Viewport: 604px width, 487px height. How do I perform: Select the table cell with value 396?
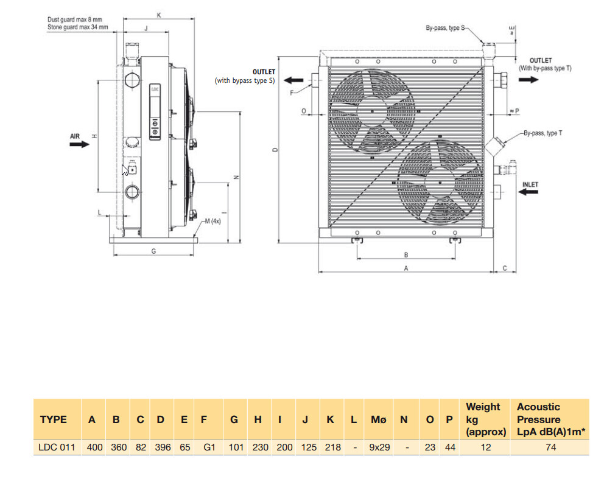(x=161, y=447)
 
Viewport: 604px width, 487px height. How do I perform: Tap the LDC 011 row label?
(x=57, y=447)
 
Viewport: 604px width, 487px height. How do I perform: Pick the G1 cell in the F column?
(x=209, y=447)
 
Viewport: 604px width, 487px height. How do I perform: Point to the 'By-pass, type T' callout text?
(x=543, y=133)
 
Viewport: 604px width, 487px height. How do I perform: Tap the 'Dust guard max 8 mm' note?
(x=75, y=20)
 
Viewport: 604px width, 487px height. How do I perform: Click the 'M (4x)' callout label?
(x=212, y=221)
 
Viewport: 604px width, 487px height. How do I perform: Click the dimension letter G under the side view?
(x=153, y=250)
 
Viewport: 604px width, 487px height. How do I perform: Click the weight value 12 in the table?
(x=485, y=447)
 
